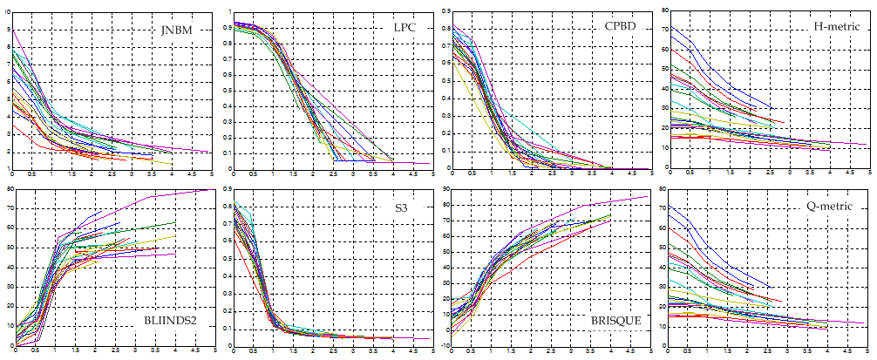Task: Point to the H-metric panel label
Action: (837, 27)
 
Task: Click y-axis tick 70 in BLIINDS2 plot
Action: (6, 208)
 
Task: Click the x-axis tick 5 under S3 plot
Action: (432, 351)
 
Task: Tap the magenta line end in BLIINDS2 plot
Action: (209, 190)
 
